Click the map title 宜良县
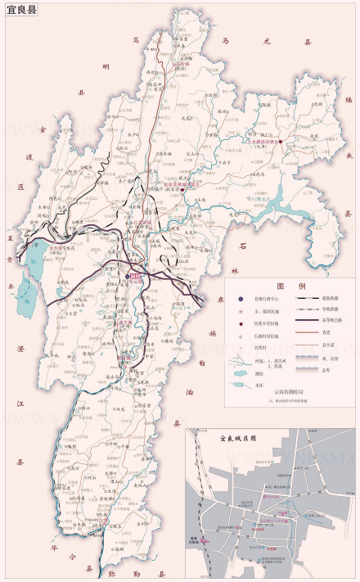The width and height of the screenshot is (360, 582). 21,10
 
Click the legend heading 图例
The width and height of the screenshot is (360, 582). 290,286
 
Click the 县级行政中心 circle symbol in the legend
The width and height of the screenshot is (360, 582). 240,300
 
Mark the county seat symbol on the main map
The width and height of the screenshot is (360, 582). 135,277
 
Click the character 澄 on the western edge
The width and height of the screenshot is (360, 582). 19,350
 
